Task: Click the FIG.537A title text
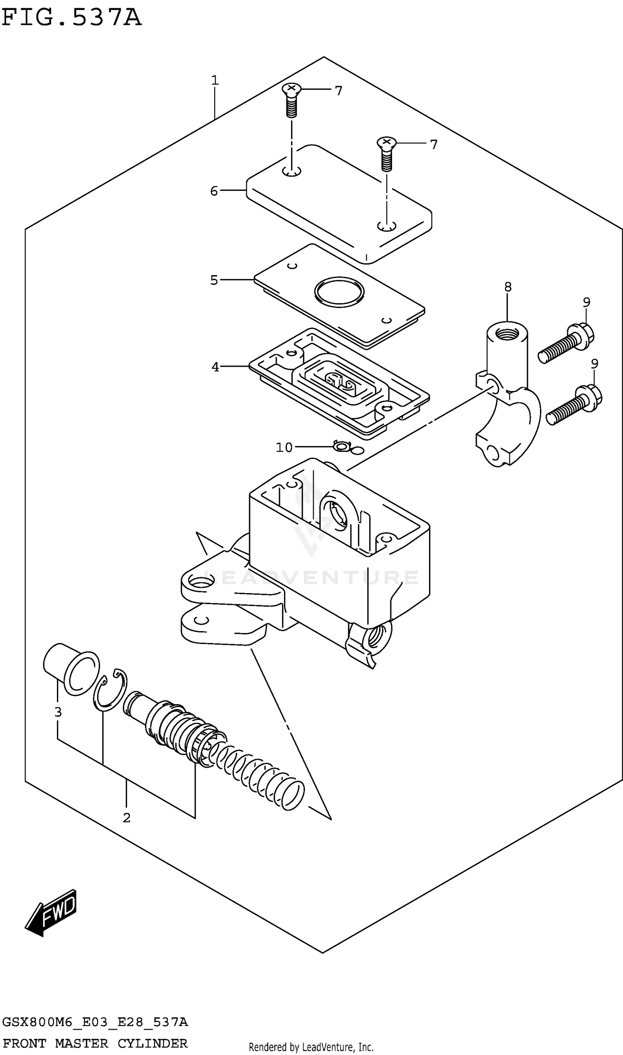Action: (x=71, y=17)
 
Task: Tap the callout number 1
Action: (x=215, y=80)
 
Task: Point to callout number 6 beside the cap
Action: (x=214, y=191)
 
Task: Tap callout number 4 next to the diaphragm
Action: (x=216, y=367)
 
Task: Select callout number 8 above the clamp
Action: (x=508, y=287)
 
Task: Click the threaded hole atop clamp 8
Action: (x=507, y=334)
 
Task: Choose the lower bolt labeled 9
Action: (x=574, y=405)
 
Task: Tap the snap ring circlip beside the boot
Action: (x=110, y=690)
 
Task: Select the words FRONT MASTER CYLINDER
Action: (x=95, y=1043)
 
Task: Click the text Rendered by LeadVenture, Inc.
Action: (x=311, y=1048)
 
